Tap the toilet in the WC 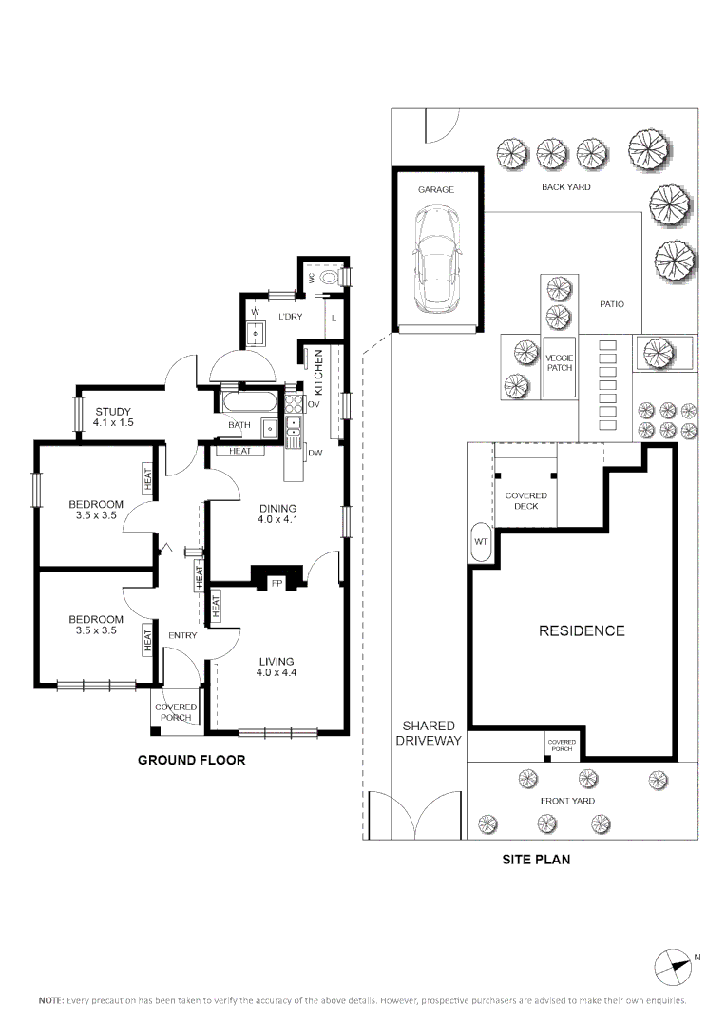click(x=328, y=278)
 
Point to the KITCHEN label click(x=319, y=372)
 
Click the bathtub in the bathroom click(x=253, y=400)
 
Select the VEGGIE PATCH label click(x=559, y=362)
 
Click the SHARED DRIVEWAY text click(x=428, y=732)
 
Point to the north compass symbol click(x=673, y=967)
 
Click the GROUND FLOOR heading click(x=191, y=760)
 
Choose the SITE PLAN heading click(x=536, y=859)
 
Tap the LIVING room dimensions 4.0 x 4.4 click(x=276, y=673)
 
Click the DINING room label click(x=277, y=508)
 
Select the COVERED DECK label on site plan click(x=525, y=501)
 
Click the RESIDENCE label click(x=582, y=630)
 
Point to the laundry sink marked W click(x=255, y=332)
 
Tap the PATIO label click(x=611, y=304)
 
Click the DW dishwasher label click(x=315, y=454)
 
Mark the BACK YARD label click(x=565, y=187)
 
